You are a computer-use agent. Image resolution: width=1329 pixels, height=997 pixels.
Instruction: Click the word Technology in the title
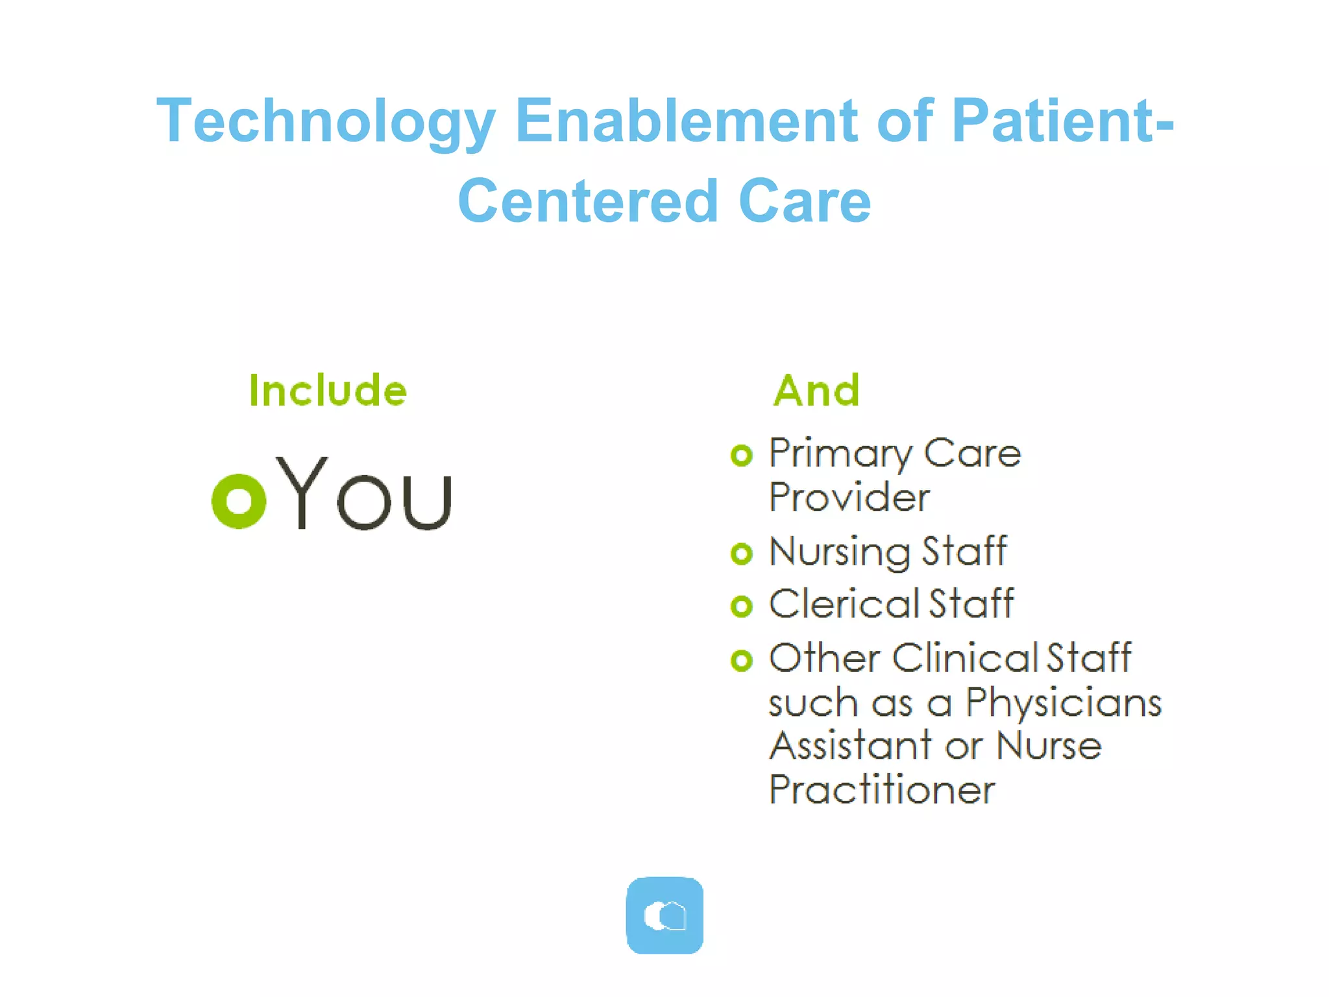[x=326, y=122]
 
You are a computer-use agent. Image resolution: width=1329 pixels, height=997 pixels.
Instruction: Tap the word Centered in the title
[x=589, y=201]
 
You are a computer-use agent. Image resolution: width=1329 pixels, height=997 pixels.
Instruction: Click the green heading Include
[x=328, y=391]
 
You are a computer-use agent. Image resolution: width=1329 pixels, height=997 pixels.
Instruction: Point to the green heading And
[x=817, y=391]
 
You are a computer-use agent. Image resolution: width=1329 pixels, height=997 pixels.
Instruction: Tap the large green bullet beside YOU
[x=239, y=501]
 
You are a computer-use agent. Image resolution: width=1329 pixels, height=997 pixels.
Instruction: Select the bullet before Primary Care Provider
[x=741, y=455]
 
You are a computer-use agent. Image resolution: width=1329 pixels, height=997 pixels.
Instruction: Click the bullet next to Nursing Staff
[x=741, y=554]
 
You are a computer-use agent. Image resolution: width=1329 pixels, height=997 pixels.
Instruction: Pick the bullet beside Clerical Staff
[x=741, y=606]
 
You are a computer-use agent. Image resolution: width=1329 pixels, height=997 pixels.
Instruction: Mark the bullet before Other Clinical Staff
[x=741, y=661]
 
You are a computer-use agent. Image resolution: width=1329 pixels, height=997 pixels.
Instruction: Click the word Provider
[x=849, y=497]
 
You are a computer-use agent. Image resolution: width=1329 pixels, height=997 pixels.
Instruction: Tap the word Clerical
[x=843, y=604]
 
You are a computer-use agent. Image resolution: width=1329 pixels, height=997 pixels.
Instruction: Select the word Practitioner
[x=882, y=790]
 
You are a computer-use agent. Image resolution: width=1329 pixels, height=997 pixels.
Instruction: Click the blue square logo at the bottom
[x=664, y=915]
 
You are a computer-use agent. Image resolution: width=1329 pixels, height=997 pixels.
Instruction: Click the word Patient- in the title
[x=1063, y=121]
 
